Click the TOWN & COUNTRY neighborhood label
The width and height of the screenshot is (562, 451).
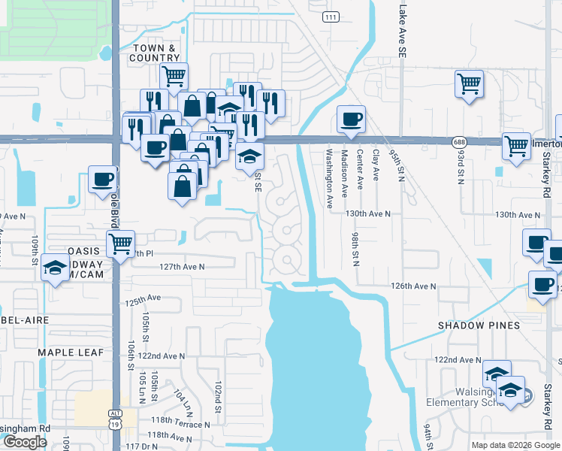point(155,53)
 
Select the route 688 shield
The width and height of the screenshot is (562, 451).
point(459,141)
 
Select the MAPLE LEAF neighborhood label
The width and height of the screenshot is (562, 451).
point(66,352)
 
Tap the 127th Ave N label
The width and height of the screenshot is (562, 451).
point(182,266)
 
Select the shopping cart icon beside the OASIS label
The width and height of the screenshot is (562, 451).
point(120,243)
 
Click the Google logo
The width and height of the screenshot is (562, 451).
point(25,442)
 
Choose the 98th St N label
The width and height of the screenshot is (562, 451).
point(355,247)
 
